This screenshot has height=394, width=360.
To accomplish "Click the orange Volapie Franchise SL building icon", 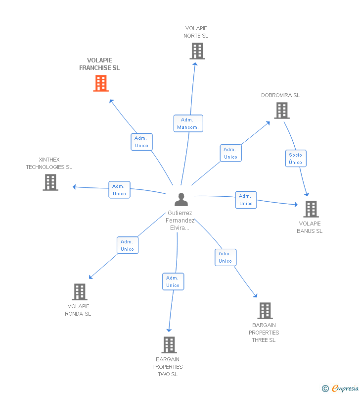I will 101,83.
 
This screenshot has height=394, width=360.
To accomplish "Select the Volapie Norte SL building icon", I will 197,51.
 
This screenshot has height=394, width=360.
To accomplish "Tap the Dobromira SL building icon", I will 282,111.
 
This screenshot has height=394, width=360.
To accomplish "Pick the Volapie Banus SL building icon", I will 311,209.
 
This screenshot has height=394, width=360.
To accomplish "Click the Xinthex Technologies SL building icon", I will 50,182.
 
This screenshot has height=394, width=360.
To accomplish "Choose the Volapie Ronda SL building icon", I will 79,292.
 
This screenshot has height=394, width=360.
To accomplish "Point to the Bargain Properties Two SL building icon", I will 169,345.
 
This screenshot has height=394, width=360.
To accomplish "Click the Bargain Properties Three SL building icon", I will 265,311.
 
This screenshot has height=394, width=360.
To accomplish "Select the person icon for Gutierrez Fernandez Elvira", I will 181,200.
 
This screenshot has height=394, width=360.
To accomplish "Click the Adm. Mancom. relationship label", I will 188,123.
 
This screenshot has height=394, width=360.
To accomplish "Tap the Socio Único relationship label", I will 295,159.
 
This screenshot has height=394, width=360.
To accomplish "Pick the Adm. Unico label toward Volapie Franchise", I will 141,142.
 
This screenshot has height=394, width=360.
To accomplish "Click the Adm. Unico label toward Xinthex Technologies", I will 119,190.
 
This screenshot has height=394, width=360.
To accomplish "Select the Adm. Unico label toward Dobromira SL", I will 230,153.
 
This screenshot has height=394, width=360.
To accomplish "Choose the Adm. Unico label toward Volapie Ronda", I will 127,245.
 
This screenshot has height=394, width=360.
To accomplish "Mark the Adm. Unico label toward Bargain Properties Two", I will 173,281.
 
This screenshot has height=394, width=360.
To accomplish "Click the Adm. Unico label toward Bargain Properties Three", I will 225,257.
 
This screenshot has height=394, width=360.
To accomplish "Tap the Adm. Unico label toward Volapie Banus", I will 246,200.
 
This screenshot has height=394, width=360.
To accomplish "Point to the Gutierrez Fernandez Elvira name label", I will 180,221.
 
